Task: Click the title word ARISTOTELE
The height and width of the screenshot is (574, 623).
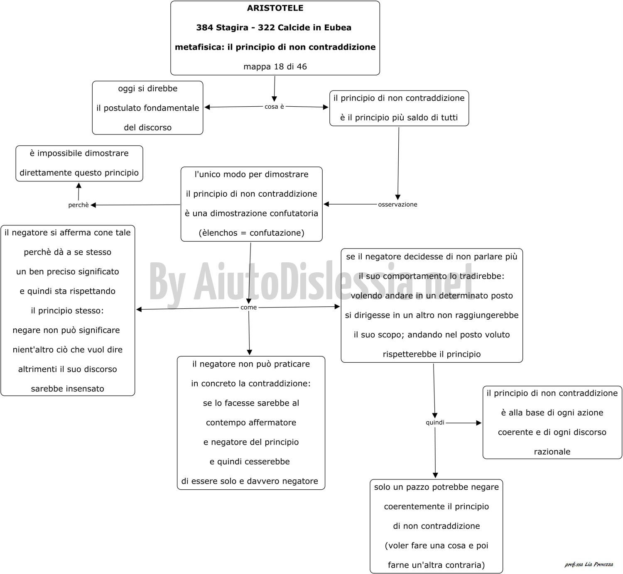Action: (x=275, y=8)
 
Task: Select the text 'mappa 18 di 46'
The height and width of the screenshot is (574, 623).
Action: (x=275, y=66)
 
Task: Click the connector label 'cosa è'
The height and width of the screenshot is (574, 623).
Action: (x=274, y=107)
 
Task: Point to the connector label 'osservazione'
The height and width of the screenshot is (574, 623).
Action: (x=397, y=204)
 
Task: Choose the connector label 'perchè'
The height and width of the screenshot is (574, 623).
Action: (x=78, y=205)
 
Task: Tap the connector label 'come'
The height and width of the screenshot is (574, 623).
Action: (x=248, y=308)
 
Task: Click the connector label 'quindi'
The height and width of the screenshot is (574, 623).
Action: (x=435, y=423)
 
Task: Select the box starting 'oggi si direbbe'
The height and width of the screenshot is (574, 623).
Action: (x=147, y=108)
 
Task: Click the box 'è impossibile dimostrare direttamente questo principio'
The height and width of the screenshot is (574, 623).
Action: (x=79, y=164)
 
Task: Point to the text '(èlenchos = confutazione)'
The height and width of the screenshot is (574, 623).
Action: (x=252, y=233)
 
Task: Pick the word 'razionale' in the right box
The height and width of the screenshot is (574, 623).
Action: (x=552, y=452)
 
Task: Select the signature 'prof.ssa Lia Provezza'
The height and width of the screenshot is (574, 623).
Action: (x=589, y=564)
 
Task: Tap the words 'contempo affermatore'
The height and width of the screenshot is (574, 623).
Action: (x=251, y=423)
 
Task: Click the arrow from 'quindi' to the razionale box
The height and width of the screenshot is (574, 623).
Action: (x=464, y=423)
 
